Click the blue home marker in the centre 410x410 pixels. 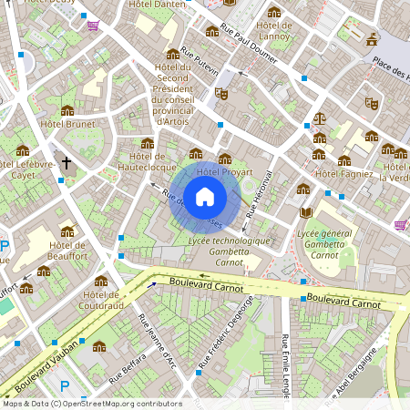tap(205, 196)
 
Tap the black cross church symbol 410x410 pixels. tap(66, 164)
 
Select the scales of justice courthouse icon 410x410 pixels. tap(319, 118)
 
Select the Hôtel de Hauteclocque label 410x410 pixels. tap(148, 161)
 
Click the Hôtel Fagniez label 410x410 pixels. tap(343, 173)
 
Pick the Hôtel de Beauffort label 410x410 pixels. tap(67, 251)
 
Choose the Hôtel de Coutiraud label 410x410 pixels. tap(100, 300)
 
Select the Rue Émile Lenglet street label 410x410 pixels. tap(286, 363)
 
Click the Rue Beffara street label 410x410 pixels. tap(128, 370)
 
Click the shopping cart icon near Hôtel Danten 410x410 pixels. tap(92, 26)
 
